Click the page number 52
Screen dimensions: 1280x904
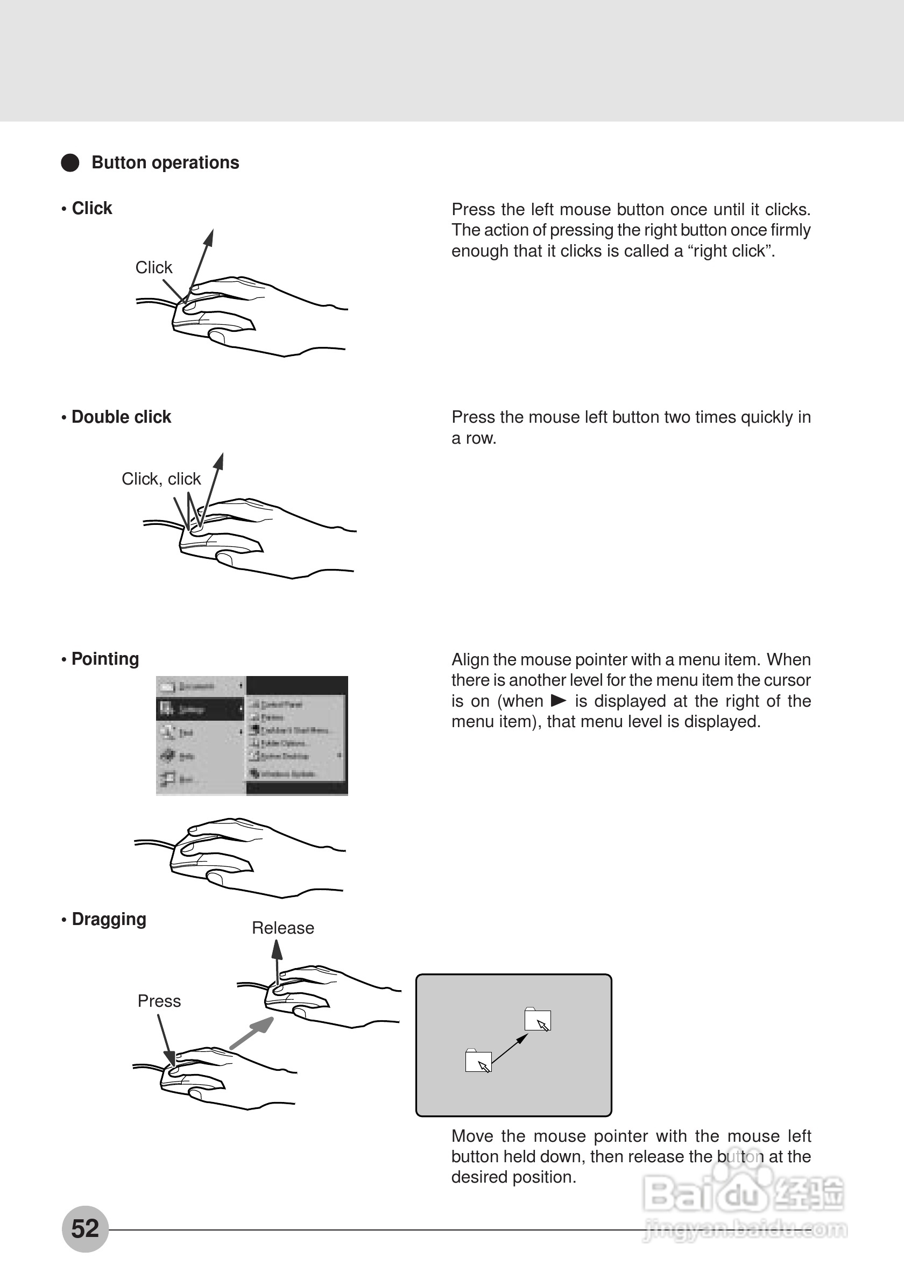(x=85, y=1229)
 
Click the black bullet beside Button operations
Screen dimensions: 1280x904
(x=70, y=163)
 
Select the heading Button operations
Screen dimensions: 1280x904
(x=165, y=163)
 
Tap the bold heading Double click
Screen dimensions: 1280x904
(x=121, y=417)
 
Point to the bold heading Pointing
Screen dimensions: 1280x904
(x=105, y=659)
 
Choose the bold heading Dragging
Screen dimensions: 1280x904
(x=109, y=919)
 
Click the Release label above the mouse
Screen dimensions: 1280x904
(x=282, y=928)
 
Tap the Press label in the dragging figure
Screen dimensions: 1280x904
(x=159, y=1001)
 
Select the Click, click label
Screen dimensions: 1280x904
(x=161, y=479)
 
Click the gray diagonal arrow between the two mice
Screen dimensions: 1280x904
(x=252, y=1033)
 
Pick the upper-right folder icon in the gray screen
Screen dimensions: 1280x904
(x=537, y=1020)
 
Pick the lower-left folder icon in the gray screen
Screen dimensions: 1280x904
(x=478, y=1061)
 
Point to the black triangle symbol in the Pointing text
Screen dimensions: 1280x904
(x=558, y=700)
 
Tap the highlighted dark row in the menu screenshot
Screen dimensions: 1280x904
(x=200, y=709)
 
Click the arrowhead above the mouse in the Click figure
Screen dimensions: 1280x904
(x=209, y=237)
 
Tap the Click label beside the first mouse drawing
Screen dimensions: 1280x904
(x=154, y=268)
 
